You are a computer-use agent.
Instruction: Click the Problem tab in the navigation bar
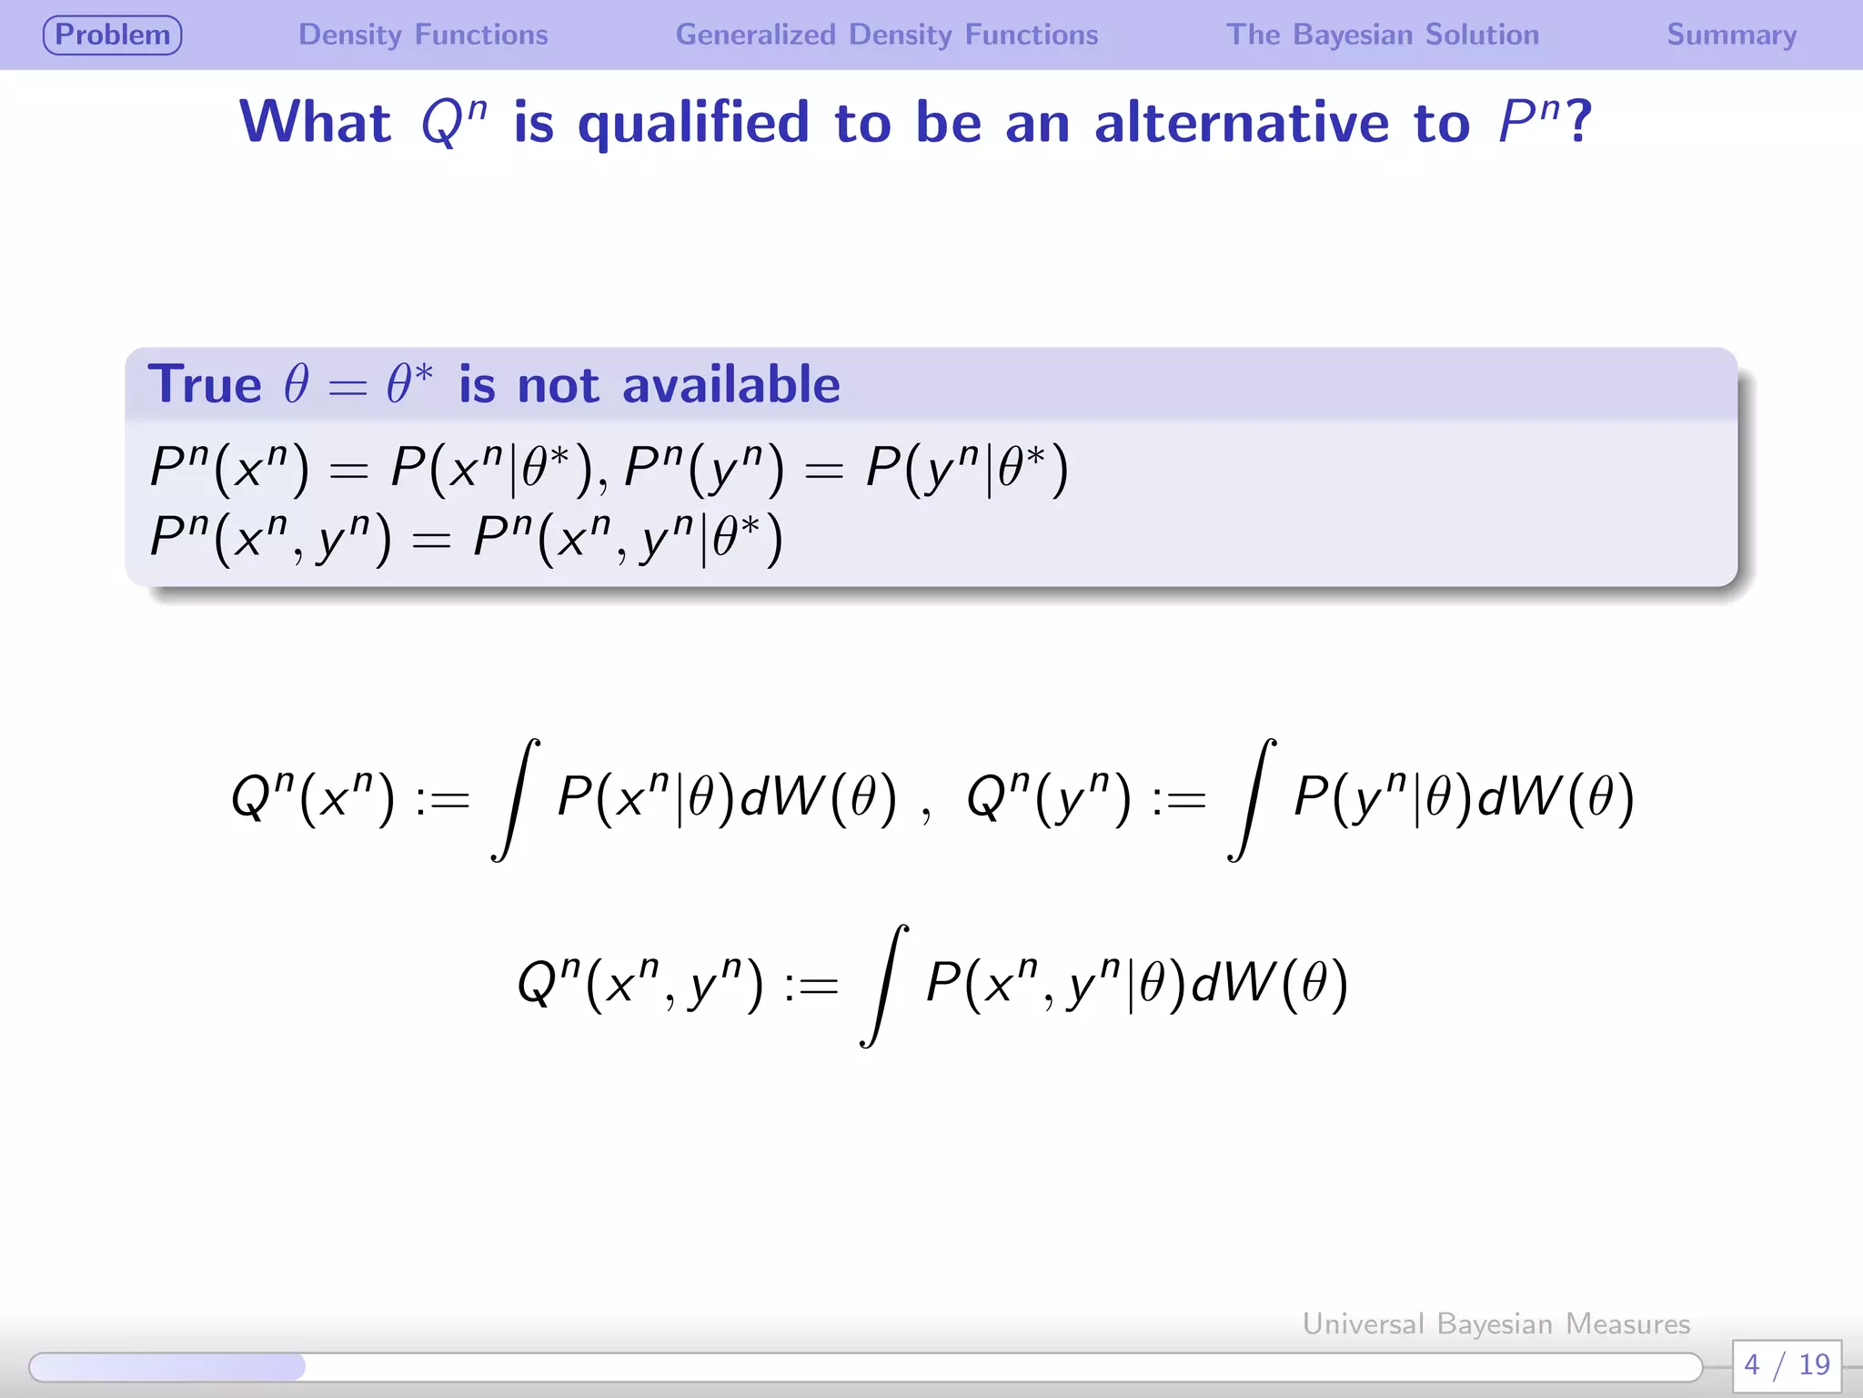113,35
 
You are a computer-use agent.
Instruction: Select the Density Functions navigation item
423,35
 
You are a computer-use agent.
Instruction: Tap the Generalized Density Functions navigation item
886,35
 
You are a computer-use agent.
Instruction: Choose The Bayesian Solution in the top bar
1382,35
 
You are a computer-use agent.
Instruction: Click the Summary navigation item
1731,35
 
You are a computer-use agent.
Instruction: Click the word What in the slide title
315,122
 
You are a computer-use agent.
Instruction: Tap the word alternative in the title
1242,122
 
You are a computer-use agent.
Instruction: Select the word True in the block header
205,384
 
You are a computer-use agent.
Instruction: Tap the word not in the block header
558,386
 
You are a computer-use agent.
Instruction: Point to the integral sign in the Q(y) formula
1252,799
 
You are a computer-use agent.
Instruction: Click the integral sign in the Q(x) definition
516,799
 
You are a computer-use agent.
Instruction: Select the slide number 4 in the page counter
1751,1364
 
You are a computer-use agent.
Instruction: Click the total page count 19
1814,1364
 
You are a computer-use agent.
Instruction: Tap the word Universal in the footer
1363,1323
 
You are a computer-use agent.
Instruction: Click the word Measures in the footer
1627,1323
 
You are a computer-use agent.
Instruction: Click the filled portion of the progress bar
167,1366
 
